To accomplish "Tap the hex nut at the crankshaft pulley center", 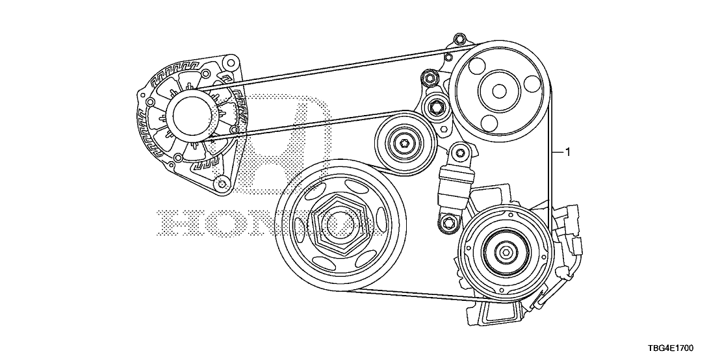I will pyautogui.click(x=339, y=225).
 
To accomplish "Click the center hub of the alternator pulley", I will pyautogui.click(x=192, y=114).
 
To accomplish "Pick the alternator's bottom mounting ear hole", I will pyautogui.click(x=220, y=181).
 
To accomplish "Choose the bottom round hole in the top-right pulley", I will pyautogui.click(x=488, y=122).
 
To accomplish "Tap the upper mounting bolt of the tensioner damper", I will pyautogui.click(x=460, y=153).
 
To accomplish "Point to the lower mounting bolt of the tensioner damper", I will pyautogui.click(x=447, y=223).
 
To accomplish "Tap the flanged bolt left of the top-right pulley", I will pyautogui.click(x=430, y=79).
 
